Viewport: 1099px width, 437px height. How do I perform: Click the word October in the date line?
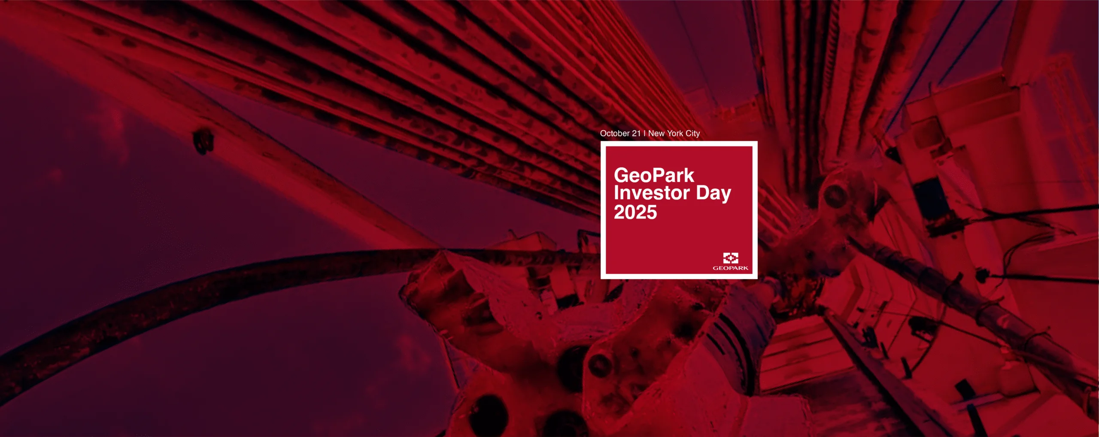(615, 134)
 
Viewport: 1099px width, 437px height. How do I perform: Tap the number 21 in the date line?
(636, 134)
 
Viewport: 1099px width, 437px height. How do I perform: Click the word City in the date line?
(692, 134)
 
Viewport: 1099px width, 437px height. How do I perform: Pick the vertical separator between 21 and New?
(644, 134)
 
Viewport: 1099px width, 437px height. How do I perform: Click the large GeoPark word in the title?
(654, 175)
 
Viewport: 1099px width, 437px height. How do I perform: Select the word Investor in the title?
(652, 193)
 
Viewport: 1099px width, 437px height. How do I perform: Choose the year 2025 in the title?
(635, 212)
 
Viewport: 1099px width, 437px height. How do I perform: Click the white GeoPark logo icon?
(731, 258)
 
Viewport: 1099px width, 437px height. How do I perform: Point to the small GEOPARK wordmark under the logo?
(730, 268)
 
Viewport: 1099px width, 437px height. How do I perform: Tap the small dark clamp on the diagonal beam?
(203, 142)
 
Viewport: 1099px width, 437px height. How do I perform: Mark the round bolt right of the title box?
(834, 194)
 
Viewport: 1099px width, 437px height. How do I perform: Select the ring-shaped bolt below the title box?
(600, 364)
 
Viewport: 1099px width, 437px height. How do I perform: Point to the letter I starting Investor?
(616, 193)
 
